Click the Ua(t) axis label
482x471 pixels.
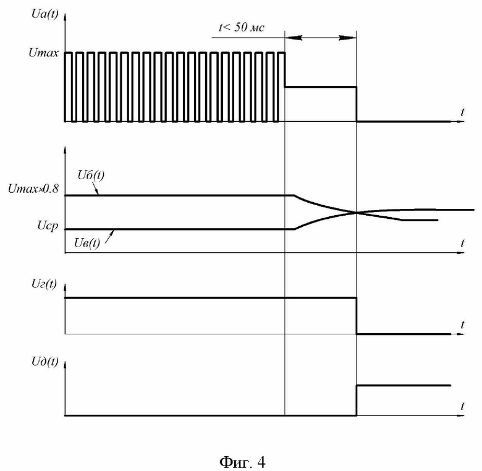coord(44,14)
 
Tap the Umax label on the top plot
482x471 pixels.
coord(43,53)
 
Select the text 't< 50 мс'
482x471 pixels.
coord(241,27)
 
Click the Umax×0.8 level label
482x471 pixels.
coord(33,189)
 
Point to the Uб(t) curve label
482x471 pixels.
coord(91,175)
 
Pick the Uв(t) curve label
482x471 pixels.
coord(87,243)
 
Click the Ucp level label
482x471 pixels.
coord(48,226)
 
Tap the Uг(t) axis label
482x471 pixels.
coord(44,284)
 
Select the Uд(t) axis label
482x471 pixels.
coord(44,362)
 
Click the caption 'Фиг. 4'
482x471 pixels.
coord(242,462)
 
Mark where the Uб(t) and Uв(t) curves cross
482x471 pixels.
coord(357,212)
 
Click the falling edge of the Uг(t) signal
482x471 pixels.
coord(357,316)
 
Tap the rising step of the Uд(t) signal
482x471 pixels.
coord(357,401)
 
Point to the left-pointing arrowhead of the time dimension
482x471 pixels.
coord(294,38)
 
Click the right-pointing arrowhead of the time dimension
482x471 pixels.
coord(348,38)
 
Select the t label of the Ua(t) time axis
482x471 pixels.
coord(462,112)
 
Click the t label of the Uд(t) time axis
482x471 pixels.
coord(462,406)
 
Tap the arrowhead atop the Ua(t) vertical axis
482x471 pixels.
coord(65,17)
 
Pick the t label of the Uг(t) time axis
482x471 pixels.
coord(462,325)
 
